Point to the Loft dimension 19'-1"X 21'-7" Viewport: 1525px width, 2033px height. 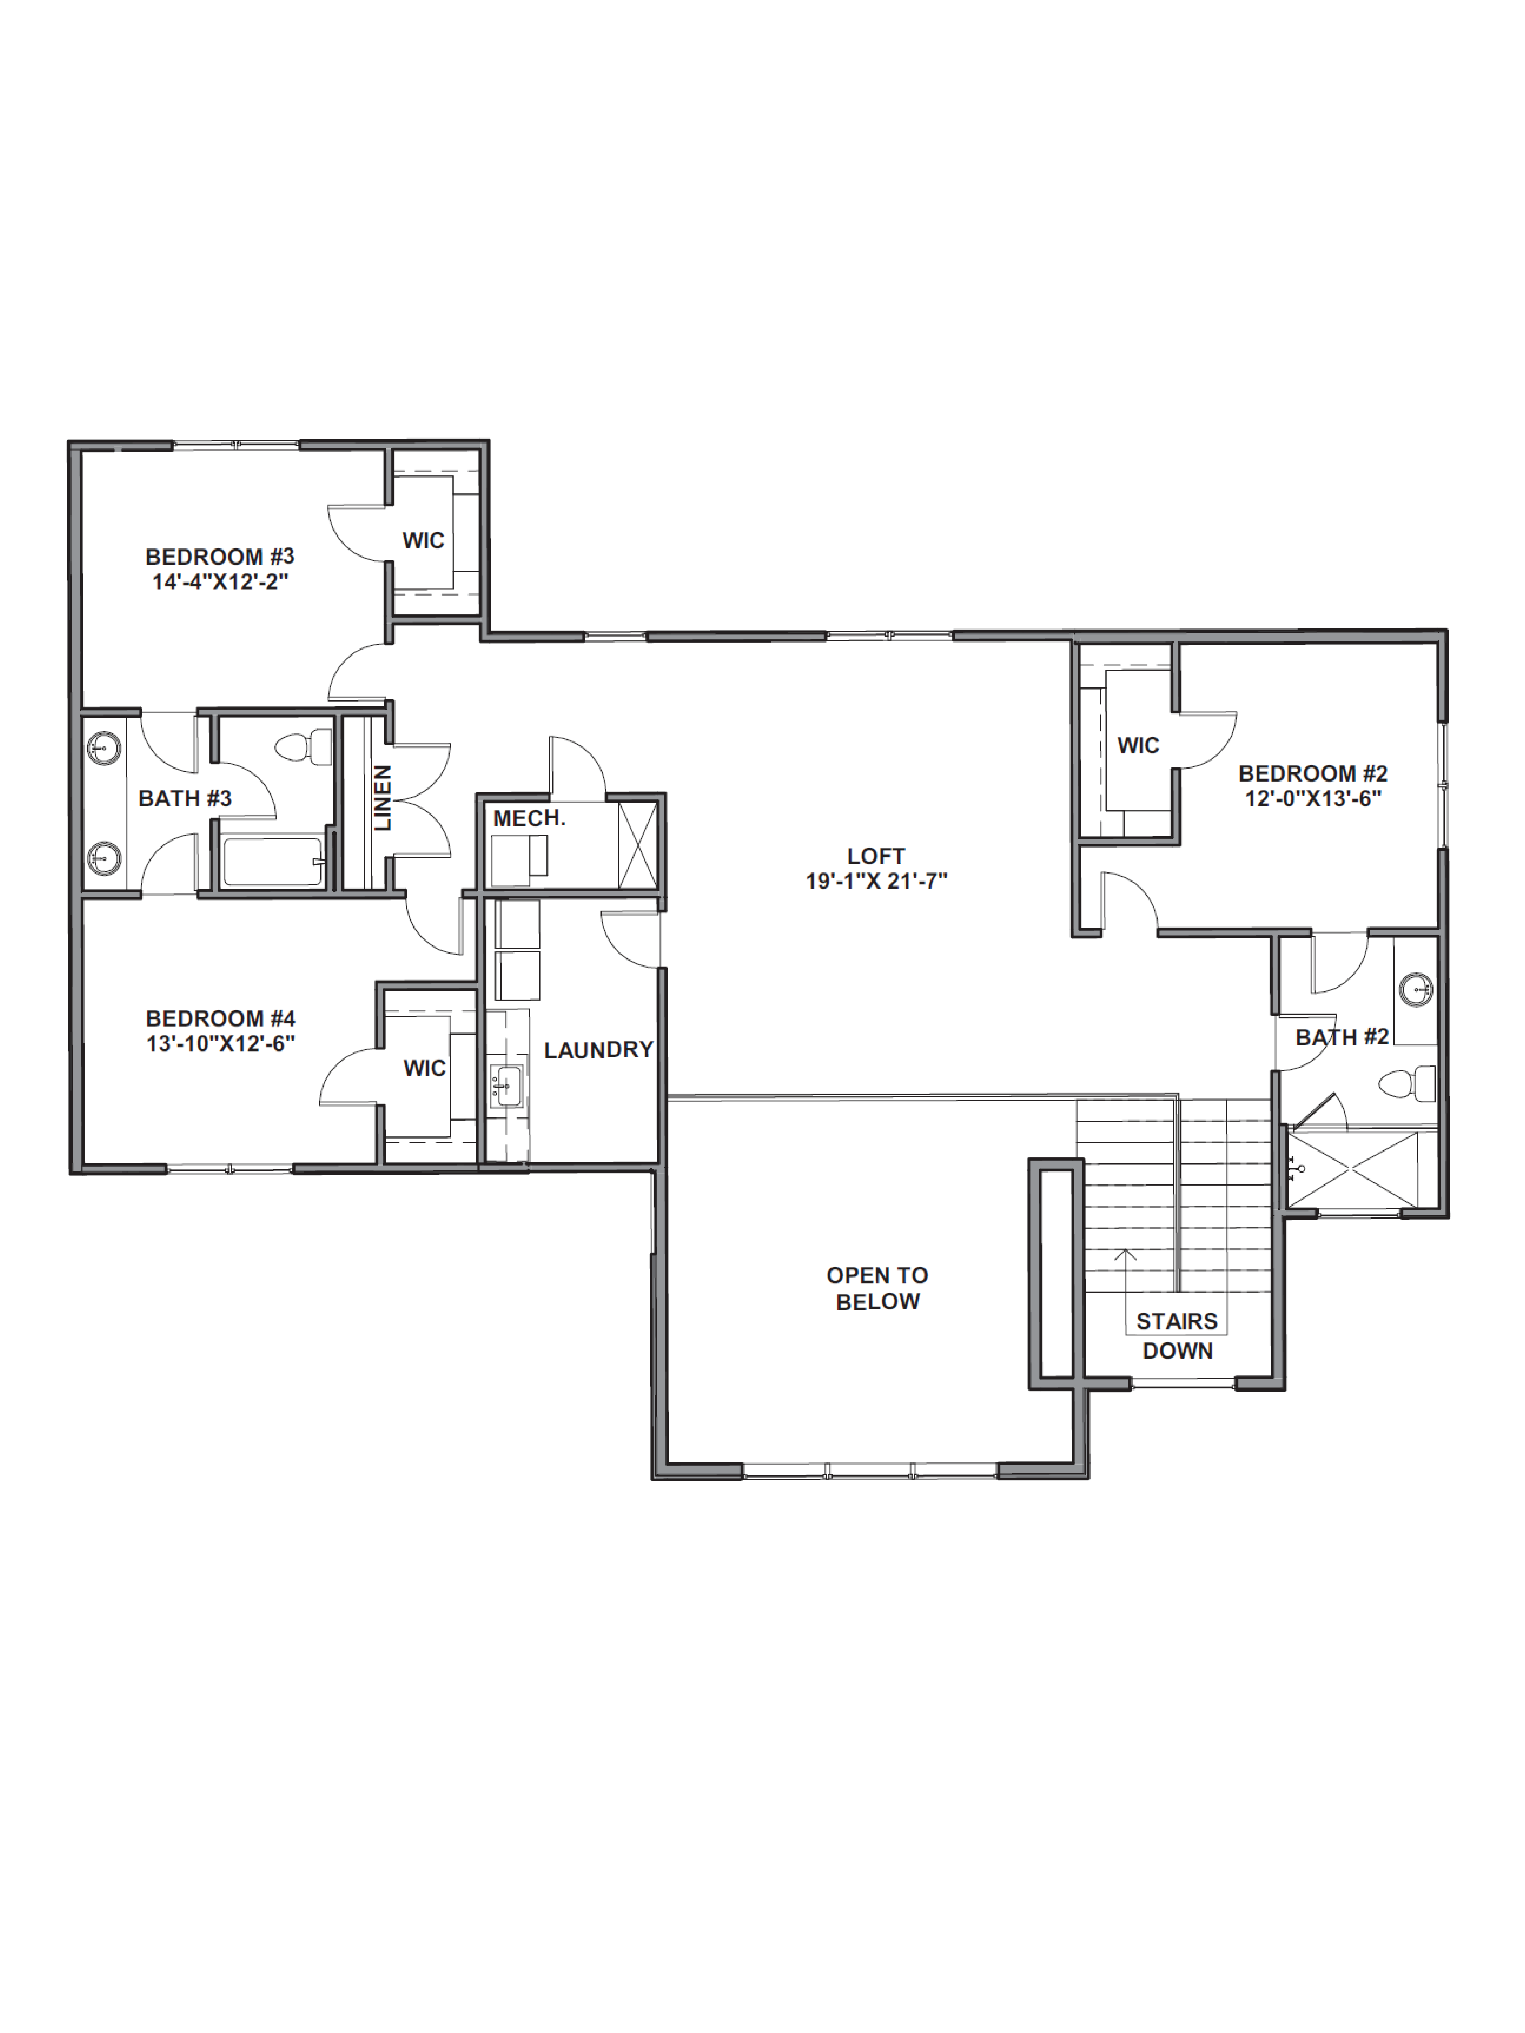click(876, 880)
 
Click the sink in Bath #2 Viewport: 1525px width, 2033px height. click(1416, 990)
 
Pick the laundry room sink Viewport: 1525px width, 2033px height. click(505, 1085)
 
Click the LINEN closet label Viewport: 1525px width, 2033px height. click(382, 798)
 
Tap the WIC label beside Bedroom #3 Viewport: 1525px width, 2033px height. click(423, 540)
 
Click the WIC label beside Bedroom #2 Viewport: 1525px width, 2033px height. click(1138, 745)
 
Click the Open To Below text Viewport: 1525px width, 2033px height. click(877, 1288)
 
